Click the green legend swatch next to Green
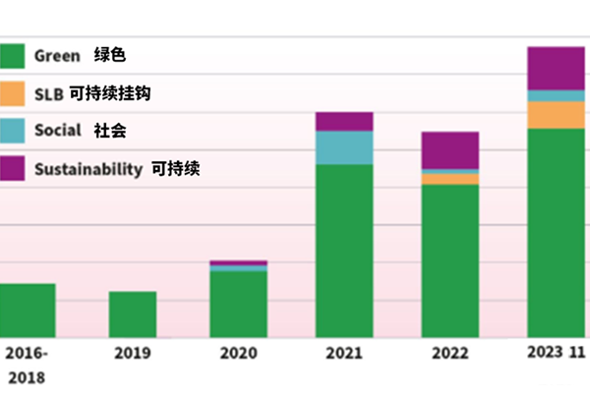tap(11, 56)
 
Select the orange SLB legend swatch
tap(11, 93)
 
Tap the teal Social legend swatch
tap(11, 130)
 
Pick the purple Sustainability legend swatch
tap(11, 168)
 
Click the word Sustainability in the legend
tap(88, 169)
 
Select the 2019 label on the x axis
tap(132, 353)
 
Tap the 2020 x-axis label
tap(238, 353)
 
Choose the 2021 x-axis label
tap(344, 353)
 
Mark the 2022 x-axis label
tap(449, 353)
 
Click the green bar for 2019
tap(133, 314)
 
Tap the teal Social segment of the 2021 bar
tap(344, 147)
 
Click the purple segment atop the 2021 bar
tap(344, 121)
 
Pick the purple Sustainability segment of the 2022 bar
tap(450, 150)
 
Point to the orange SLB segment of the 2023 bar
tap(556, 115)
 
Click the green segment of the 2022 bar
tap(450, 260)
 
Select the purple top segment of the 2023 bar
tap(556, 68)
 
